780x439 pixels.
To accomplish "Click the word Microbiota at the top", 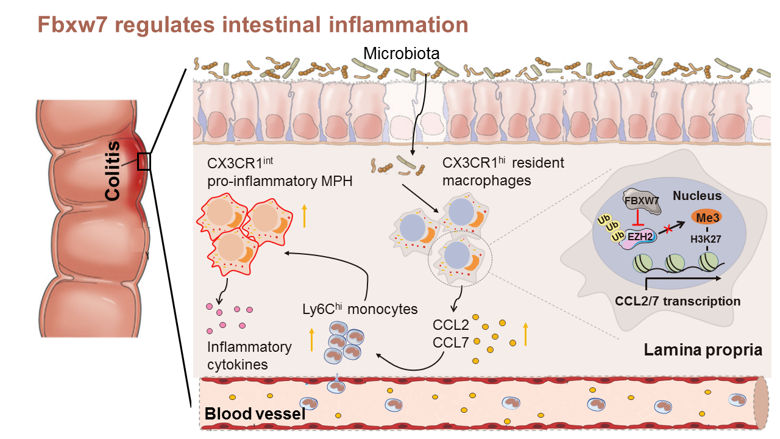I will click(x=402, y=53).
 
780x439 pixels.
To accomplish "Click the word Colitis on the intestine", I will click(x=112, y=171).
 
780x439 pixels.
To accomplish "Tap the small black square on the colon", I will click(x=144, y=162).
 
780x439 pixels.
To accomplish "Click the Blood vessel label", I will click(x=255, y=415).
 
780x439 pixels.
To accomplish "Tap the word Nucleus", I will click(x=697, y=196).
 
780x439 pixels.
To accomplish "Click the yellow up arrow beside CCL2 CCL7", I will click(x=525, y=335).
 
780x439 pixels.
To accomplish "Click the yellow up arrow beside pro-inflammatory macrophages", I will click(x=304, y=218).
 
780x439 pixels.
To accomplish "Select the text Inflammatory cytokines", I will click(x=249, y=355).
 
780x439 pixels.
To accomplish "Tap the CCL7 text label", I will click(x=450, y=343).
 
